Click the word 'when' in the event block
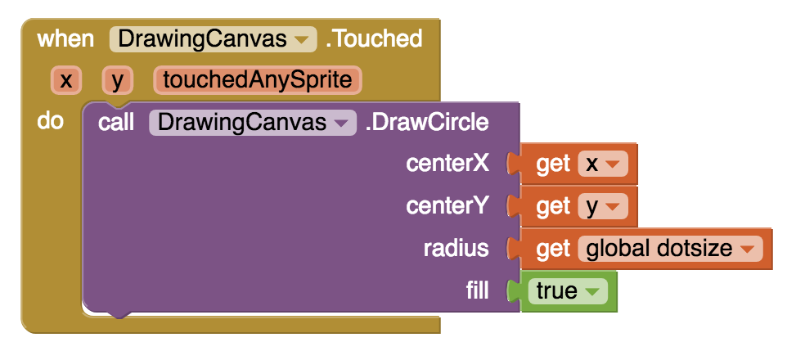pyautogui.click(x=66, y=38)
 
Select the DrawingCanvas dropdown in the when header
pyautogui.click(x=213, y=38)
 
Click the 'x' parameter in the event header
pyautogui.click(x=65, y=80)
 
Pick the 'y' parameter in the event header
pyautogui.click(x=117, y=80)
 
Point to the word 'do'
pyautogui.click(x=51, y=122)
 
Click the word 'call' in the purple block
pyautogui.click(x=117, y=123)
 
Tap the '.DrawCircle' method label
pyautogui.click(x=427, y=123)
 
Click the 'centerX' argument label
pyautogui.click(x=447, y=164)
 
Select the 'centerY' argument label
pyautogui.click(x=447, y=205)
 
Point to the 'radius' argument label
pyautogui.click(x=456, y=248)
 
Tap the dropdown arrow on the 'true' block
pyautogui.click(x=592, y=292)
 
